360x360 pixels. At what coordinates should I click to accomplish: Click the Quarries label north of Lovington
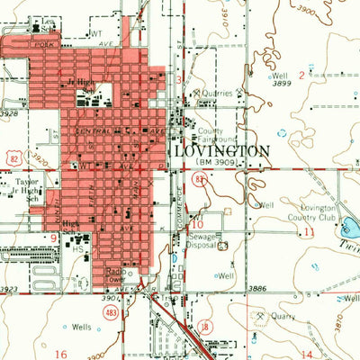pos(219,93)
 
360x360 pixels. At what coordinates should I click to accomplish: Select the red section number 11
pos(310,231)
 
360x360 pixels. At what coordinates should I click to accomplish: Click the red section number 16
pos(61,355)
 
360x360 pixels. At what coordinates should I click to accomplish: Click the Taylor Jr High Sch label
pos(30,184)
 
